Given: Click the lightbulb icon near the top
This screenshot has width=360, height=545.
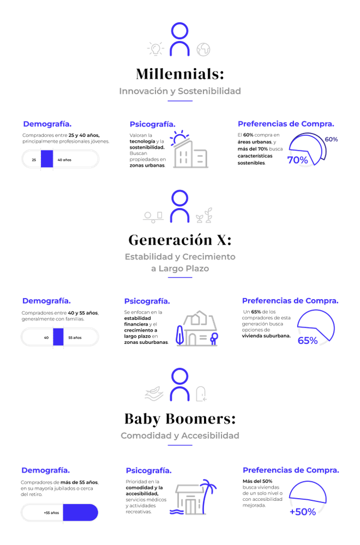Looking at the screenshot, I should click(155, 49).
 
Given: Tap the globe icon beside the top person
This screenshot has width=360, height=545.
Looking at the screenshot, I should click(203, 50).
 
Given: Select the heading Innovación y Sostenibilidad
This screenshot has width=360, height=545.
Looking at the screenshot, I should click(180, 91).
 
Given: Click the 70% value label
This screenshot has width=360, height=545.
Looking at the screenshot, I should click(297, 160).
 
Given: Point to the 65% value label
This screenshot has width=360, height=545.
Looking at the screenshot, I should click(307, 341).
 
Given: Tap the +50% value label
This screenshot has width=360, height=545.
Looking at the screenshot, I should click(302, 512).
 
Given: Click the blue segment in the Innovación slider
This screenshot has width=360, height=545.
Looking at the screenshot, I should click(47, 159).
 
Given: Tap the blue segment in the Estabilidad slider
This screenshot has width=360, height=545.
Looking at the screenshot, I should click(58, 336).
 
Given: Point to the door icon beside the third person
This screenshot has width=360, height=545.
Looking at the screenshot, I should click(202, 393).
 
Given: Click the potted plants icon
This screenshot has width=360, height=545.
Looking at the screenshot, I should click(204, 217).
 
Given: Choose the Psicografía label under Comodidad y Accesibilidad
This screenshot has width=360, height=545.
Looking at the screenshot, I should click(149, 470).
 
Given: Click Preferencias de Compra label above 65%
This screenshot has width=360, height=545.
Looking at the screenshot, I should click(290, 301).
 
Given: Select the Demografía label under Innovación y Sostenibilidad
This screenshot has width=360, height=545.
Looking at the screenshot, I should click(47, 124).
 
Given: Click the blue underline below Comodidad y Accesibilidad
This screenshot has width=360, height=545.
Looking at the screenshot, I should click(180, 446).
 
